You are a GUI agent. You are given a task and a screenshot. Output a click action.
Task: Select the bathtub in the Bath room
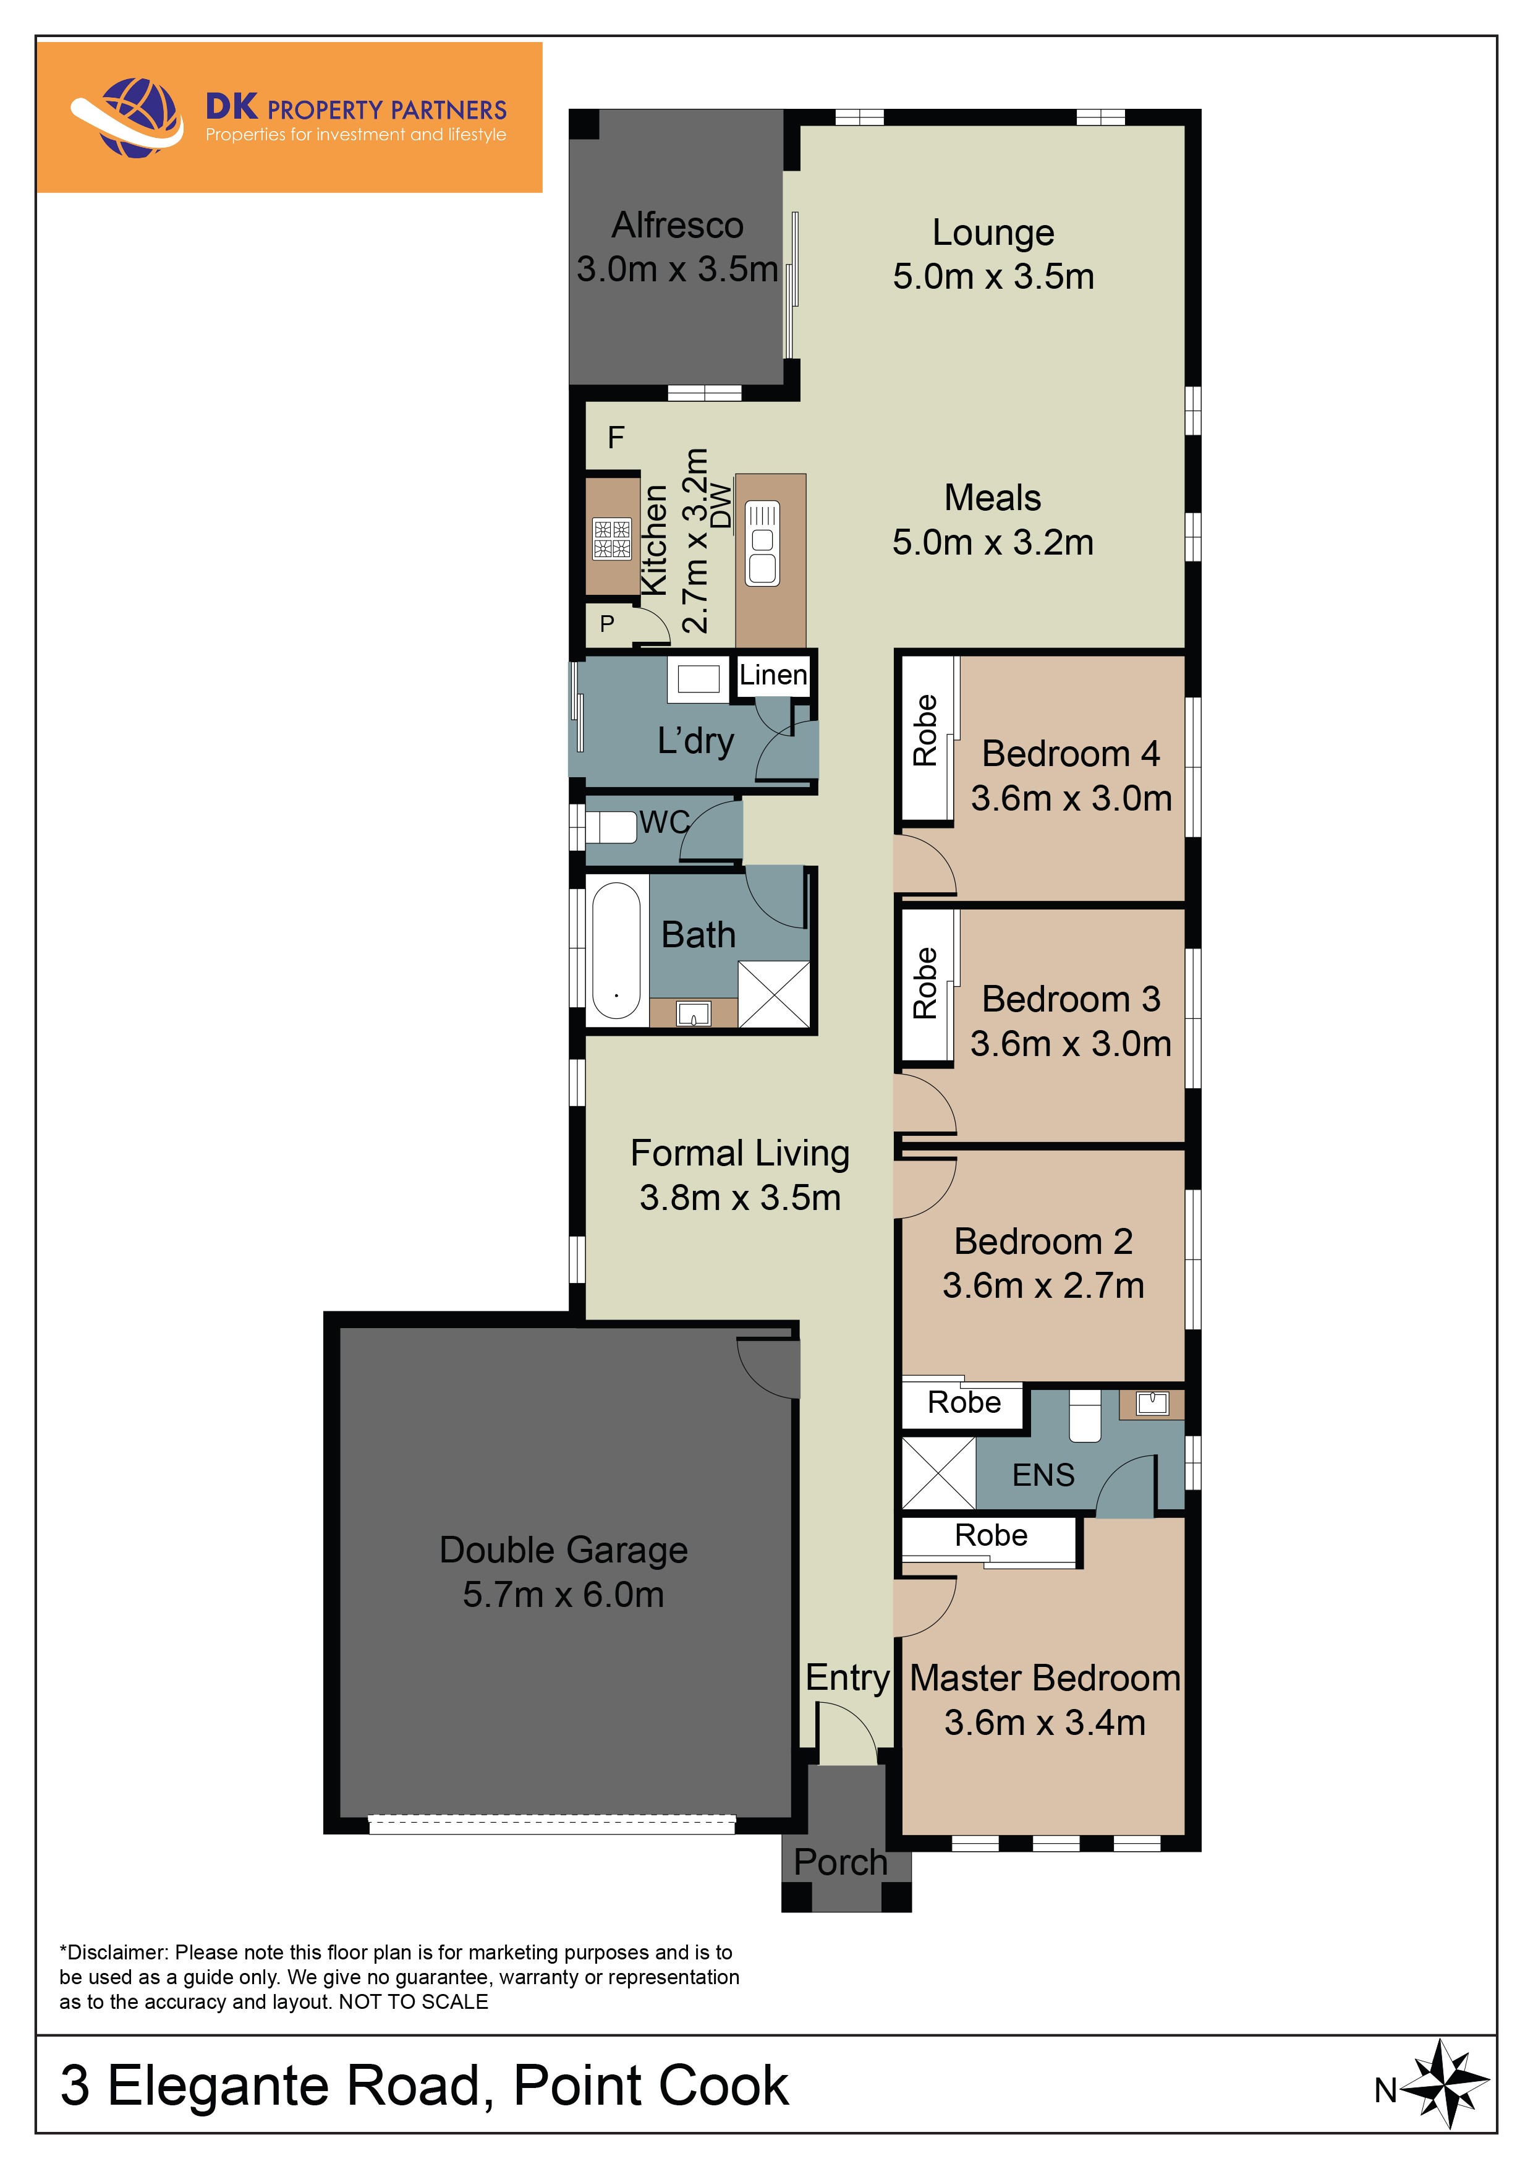[616, 950]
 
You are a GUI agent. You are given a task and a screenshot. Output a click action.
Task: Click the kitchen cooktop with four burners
[611, 539]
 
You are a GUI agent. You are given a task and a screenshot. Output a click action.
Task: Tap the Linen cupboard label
[773, 675]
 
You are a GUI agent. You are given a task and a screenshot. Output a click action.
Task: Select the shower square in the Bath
[773, 994]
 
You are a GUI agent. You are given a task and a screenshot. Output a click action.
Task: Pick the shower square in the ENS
[938, 1473]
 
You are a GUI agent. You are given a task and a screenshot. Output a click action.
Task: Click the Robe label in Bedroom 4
[925, 730]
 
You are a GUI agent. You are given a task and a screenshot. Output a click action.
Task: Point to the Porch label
[839, 1861]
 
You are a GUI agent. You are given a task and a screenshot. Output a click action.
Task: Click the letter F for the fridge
[616, 437]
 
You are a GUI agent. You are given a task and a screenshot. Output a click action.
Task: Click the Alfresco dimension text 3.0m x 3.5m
[677, 269]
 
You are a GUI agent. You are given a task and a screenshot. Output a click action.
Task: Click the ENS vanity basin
[1152, 1403]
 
